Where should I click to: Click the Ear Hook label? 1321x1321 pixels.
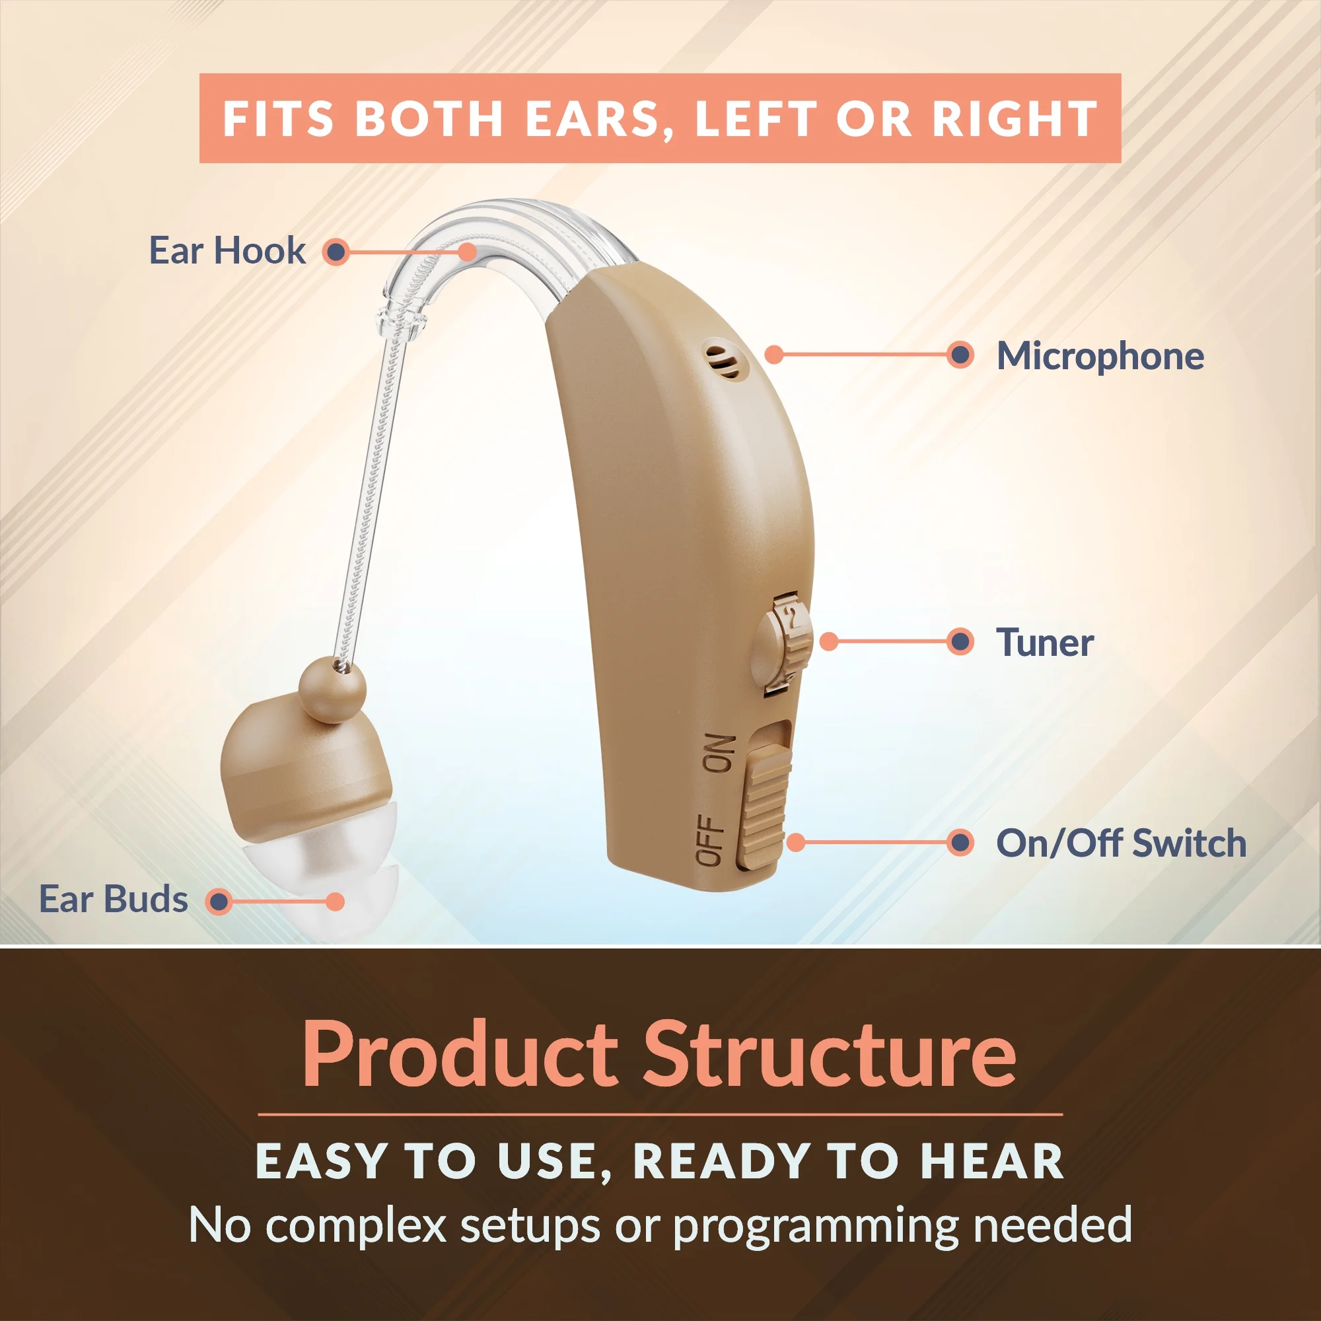(227, 250)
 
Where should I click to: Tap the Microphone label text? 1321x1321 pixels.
(1100, 356)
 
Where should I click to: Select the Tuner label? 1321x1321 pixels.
(1044, 643)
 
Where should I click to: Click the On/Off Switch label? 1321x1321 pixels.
(1121, 842)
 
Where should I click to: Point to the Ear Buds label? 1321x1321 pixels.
(114, 899)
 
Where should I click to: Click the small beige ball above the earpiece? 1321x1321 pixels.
(332, 689)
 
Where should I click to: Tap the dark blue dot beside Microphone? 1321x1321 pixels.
(960, 355)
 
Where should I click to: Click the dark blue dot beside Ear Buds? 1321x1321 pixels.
(219, 901)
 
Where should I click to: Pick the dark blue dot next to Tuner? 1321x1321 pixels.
(960, 642)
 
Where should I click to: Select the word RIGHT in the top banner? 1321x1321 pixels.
(1015, 119)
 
